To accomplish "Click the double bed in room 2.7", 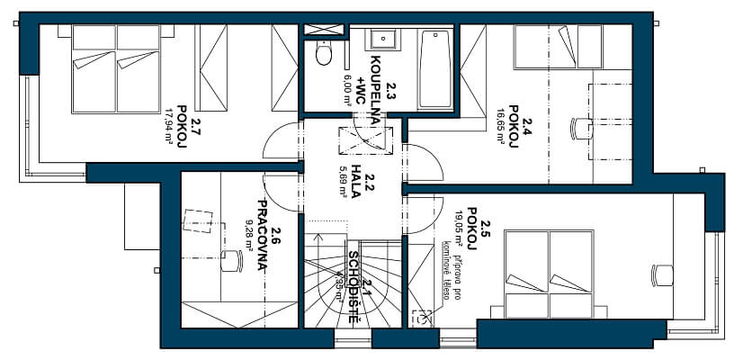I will coord(116,67).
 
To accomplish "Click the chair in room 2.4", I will coord(577,129).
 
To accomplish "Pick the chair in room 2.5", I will coord(663,273).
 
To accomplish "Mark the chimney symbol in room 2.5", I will coord(421,318).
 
